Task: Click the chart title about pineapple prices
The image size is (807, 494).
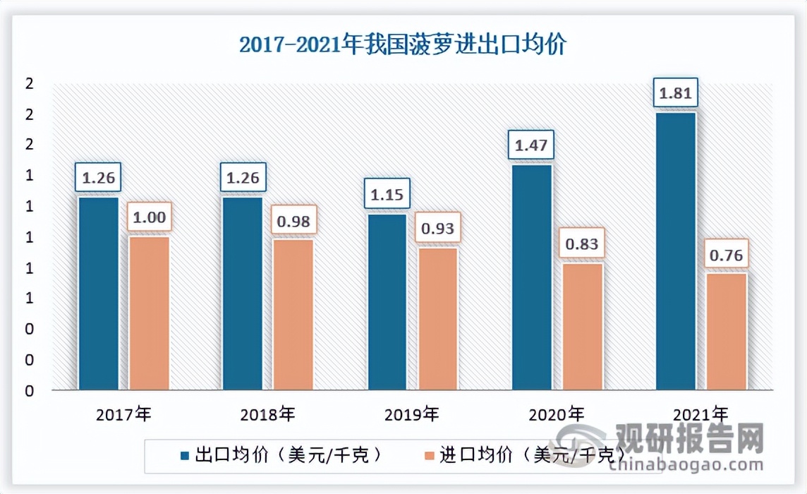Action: [x=403, y=46]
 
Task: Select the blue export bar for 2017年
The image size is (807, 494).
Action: [x=98, y=293]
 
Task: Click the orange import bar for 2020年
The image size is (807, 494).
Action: [x=582, y=326]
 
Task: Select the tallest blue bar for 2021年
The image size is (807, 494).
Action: [x=675, y=251]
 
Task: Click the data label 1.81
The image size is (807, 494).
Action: [x=675, y=93]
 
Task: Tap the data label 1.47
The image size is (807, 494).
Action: [x=531, y=146]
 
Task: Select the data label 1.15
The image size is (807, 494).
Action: [x=387, y=195]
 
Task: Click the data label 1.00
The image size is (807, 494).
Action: [x=149, y=218]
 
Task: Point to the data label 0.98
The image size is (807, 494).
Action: [x=293, y=221]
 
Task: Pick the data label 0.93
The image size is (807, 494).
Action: [x=437, y=229]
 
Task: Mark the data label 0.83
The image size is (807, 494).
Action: [x=582, y=244]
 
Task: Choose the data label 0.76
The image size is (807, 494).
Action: [x=726, y=255]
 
